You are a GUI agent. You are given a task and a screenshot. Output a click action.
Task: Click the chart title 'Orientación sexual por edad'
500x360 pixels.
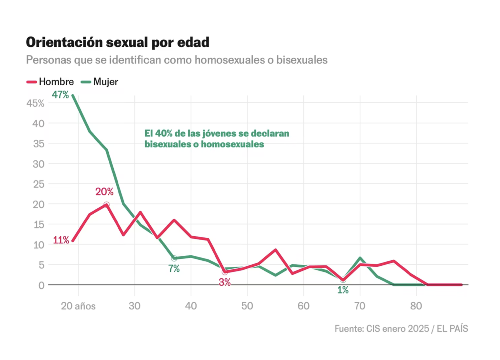point(117,42)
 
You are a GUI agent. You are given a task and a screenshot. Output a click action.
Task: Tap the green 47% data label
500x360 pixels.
point(60,95)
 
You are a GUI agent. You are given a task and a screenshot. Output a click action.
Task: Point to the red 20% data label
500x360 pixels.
point(104,192)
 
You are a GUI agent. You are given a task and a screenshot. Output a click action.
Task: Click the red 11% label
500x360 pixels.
point(61,240)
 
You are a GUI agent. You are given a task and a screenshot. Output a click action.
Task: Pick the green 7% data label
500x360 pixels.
point(174,269)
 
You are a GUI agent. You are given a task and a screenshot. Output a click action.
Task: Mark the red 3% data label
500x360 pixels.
point(225,283)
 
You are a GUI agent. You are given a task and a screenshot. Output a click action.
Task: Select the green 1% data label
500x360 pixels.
point(343,290)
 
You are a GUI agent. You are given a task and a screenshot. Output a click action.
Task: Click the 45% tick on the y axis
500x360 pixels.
point(35,104)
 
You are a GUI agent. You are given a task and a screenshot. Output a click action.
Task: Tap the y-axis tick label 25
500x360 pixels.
point(38,184)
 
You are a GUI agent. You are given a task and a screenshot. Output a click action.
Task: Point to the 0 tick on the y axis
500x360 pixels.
point(42,285)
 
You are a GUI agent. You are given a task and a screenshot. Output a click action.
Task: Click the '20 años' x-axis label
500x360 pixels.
point(78,306)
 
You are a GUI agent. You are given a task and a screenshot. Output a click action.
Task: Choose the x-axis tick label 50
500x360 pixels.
point(247,306)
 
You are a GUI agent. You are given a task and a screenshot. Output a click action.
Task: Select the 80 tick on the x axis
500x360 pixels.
point(416,306)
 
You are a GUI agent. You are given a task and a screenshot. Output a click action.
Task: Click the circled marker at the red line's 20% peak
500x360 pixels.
point(107,205)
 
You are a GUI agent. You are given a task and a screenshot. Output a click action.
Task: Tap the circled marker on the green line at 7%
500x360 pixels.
point(174,258)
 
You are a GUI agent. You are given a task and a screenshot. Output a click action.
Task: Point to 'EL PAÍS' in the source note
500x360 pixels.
point(452,329)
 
